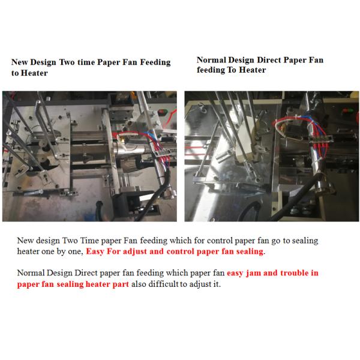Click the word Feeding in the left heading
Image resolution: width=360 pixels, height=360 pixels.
point(155,62)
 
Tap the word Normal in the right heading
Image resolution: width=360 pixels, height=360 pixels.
point(211,60)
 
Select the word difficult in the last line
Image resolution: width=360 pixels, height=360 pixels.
point(163,284)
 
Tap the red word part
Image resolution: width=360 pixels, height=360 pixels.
point(121,284)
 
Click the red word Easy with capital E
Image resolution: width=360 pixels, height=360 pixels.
point(95,251)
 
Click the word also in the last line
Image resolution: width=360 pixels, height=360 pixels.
point(139,284)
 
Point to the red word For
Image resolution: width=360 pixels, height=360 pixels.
point(114,251)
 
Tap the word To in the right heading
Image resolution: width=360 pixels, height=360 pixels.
point(232,70)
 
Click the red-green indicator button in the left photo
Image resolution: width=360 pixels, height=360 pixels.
point(163,112)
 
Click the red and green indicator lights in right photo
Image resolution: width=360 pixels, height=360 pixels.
point(347,110)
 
